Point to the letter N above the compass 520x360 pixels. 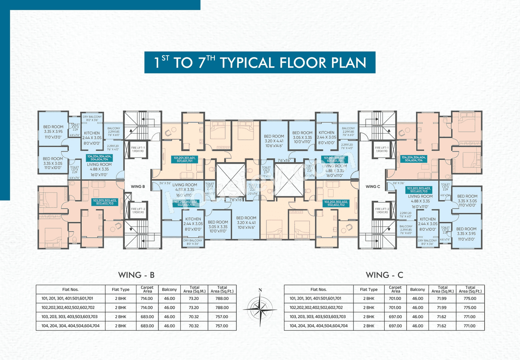pos(260,290)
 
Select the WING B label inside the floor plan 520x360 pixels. pos(138,187)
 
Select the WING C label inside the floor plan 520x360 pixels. pos(373,187)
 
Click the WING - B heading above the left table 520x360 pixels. pos(136,275)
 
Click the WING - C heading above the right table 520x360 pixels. pos(384,275)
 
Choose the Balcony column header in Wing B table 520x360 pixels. pos(169,290)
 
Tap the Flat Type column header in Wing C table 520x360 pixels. pos(368,290)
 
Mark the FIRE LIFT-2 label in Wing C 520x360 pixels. pos(382,211)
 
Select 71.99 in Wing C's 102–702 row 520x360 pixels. pos(442,308)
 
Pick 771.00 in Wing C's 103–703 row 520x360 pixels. pos(470,317)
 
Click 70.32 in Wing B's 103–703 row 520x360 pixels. pos(195,317)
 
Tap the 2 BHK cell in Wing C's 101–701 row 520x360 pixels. pos(368,298)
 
